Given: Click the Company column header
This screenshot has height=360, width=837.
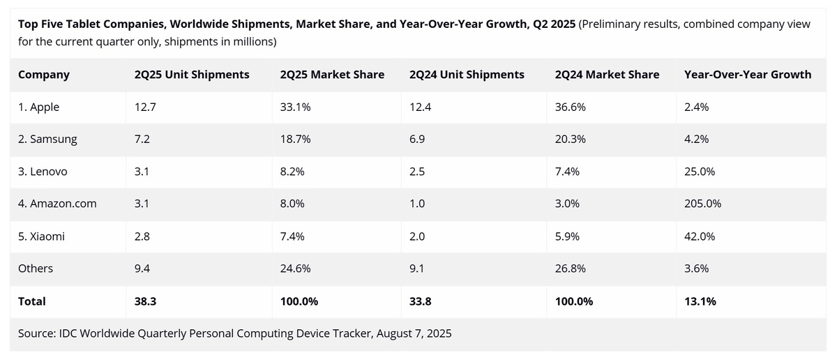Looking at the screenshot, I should click(44, 75).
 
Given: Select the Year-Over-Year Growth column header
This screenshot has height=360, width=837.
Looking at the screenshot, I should click(748, 75).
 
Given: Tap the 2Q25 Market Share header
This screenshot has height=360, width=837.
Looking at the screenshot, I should click(331, 75).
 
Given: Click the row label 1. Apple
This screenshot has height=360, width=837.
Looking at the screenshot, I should click(39, 107).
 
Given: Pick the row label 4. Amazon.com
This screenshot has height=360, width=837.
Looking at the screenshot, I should click(57, 204).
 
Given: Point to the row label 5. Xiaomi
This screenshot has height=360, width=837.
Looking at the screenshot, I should click(42, 237).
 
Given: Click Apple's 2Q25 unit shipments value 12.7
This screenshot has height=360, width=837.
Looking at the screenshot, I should click(143, 107).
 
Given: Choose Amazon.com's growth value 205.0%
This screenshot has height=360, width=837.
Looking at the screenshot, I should click(703, 204).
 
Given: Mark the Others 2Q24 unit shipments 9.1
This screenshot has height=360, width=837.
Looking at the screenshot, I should click(418, 269).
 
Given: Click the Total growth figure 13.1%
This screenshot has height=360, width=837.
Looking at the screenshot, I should click(700, 301).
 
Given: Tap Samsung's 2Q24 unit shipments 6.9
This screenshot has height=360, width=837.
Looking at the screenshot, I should click(418, 140).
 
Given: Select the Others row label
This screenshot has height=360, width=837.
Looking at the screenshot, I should click(36, 269).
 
